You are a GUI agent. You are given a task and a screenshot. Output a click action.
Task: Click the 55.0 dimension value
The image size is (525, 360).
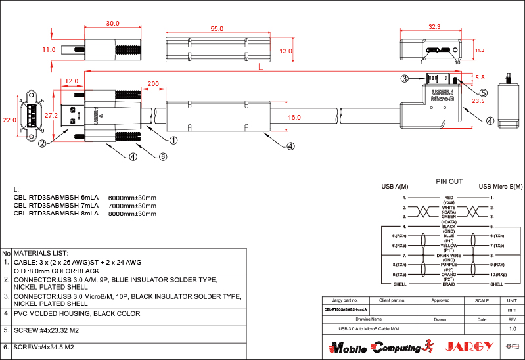tap(217, 28)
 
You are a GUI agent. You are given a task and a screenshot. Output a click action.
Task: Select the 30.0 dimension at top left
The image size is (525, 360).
tap(113, 23)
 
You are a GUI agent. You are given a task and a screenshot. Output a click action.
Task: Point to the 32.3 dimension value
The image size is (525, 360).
tap(434, 27)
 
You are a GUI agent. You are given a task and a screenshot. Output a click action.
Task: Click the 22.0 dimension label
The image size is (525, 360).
tap(9, 120)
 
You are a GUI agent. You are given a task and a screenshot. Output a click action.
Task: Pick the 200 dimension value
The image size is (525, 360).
tap(152, 84)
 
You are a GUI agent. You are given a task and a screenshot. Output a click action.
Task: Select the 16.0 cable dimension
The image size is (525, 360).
tap(294, 117)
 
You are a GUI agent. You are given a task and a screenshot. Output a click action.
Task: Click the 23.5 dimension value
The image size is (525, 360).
tap(478, 101)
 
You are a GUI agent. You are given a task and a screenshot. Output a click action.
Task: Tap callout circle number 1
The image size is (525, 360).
tap(174, 140)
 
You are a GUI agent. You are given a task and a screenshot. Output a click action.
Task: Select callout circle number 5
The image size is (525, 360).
tap(483, 93)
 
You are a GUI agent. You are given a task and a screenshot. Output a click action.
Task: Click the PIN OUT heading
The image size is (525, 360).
tap(449, 181)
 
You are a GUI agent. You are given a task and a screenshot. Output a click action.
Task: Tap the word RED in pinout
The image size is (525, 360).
tap(449, 197)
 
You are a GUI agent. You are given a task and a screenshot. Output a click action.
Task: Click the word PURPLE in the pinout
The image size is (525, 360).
tap(449, 264)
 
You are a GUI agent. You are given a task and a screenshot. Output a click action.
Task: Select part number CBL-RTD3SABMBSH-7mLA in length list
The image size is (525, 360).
tap(56, 205)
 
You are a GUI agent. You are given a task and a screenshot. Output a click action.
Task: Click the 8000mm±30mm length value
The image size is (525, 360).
tap(132, 214)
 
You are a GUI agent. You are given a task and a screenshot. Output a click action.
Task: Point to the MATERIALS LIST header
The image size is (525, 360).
tap(41, 253)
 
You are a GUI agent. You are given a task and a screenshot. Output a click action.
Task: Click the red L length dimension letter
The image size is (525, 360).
tap(261, 66)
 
